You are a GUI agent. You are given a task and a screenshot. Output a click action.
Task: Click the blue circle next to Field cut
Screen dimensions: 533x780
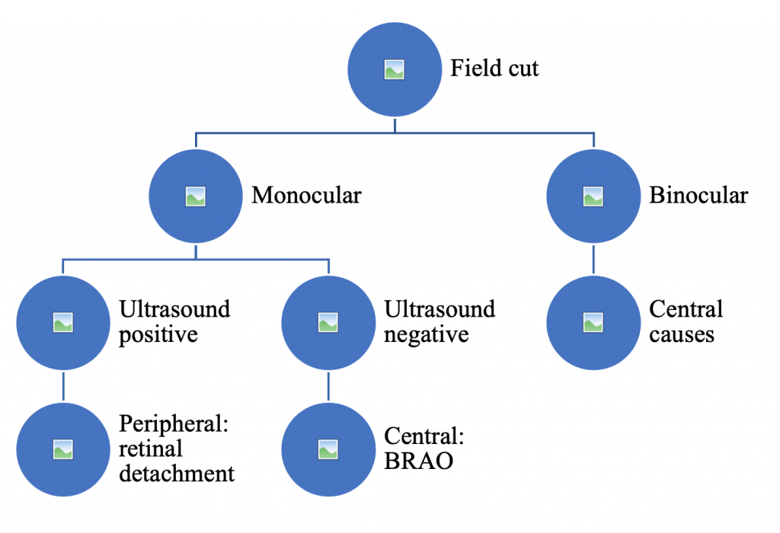click(x=394, y=70)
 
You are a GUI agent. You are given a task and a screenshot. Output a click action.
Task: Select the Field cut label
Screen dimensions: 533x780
click(x=494, y=69)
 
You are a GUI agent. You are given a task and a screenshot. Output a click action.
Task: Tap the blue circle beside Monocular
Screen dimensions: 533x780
click(x=196, y=196)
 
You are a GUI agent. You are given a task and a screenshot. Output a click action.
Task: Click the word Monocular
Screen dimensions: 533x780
click(x=306, y=196)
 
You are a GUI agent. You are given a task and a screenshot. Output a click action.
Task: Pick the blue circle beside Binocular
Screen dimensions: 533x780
click(x=593, y=196)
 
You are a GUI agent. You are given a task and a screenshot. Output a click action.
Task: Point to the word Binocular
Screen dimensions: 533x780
click(x=698, y=196)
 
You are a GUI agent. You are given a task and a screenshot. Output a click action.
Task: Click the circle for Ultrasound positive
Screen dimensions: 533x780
click(x=62, y=322)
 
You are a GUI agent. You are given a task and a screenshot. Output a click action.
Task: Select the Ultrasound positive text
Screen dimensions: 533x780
click(x=174, y=322)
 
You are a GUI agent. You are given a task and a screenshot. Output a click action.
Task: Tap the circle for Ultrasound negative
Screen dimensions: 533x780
click(x=328, y=322)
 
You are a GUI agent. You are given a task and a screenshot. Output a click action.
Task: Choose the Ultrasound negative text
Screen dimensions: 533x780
click(x=440, y=322)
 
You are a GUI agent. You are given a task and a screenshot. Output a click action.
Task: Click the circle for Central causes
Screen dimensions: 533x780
click(x=593, y=322)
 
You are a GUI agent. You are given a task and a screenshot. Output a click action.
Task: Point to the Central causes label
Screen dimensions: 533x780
click(x=685, y=322)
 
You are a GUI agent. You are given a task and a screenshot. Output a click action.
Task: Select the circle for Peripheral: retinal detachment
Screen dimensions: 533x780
click(x=62, y=449)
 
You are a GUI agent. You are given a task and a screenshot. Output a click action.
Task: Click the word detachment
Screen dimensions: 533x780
click(x=177, y=474)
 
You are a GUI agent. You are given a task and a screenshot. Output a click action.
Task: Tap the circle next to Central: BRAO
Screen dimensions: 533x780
click(x=328, y=449)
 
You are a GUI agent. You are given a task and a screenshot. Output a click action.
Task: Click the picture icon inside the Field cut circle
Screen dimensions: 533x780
click(x=394, y=70)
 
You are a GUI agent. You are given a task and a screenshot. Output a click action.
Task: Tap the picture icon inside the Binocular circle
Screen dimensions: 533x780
click(x=593, y=196)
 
